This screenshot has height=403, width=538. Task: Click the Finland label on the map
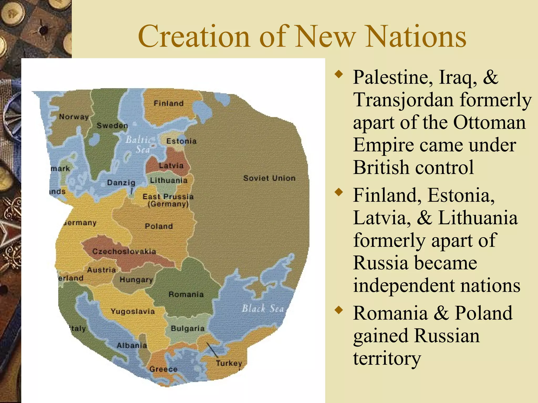(169, 103)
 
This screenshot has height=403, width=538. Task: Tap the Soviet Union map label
(269, 178)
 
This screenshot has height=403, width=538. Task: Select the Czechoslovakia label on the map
(124, 251)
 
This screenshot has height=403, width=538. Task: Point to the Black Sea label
(263, 308)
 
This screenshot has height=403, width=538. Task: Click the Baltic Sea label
(138, 144)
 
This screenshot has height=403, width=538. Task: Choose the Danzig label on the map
(121, 182)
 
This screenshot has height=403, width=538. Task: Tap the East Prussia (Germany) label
(168, 200)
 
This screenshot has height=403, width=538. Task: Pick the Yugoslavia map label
(133, 311)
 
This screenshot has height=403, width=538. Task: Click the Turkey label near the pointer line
(229, 363)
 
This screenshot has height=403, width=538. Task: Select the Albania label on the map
(132, 345)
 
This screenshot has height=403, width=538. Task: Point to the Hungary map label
(136, 280)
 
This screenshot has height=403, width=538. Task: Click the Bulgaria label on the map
(188, 328)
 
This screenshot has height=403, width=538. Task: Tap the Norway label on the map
(74, 116)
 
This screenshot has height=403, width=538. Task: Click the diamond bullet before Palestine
(339, 74)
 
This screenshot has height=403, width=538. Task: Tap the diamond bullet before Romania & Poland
(339, 310)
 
